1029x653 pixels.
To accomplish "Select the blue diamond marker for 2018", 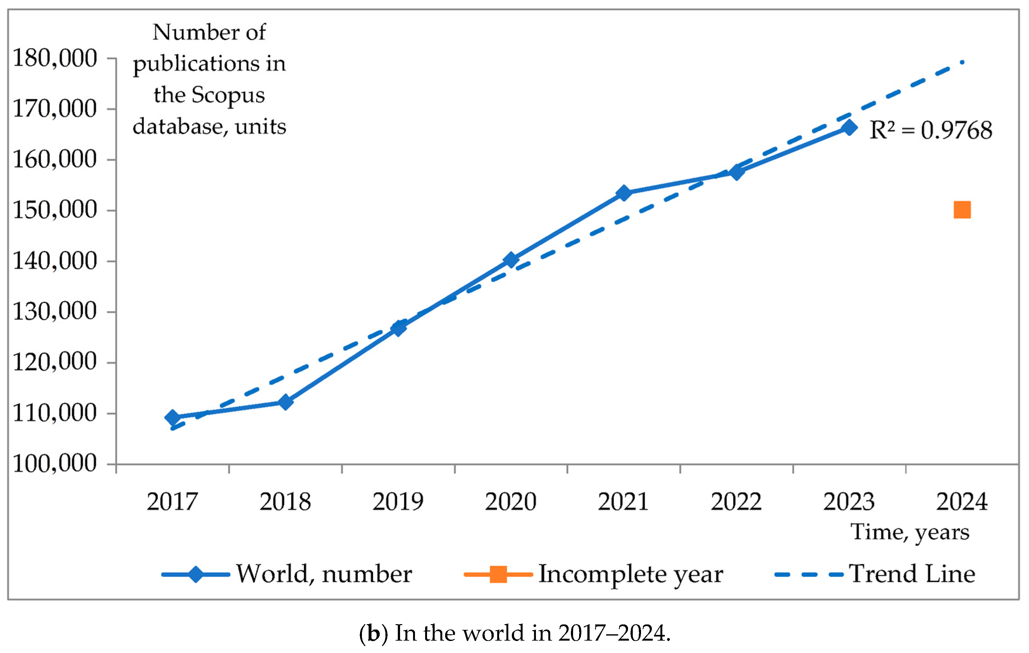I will [285, 402].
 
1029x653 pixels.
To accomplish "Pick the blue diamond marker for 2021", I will [624, 193].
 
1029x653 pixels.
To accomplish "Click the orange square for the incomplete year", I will [962, 210].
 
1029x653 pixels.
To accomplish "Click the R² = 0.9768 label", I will [931, 130].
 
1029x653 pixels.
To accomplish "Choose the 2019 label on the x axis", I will [398, 502].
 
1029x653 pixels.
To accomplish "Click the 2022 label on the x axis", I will [736, 502].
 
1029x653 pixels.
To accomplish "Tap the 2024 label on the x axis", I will [962, 502].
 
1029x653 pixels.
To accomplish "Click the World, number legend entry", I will [324, 574].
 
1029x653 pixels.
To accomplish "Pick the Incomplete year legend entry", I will [630, 574].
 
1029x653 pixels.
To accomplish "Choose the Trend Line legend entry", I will [912, 574].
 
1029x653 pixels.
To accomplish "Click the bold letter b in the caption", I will [373, 633].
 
